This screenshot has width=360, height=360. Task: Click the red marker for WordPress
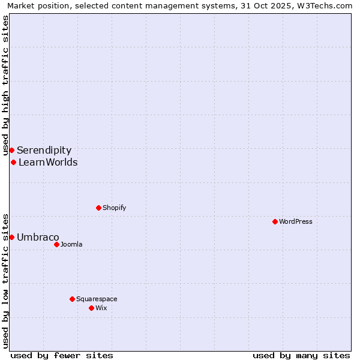[275, 221]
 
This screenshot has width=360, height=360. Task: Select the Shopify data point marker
[98, 208]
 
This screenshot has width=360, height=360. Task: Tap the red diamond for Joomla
[56, 244]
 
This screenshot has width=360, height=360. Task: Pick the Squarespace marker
[72, 299]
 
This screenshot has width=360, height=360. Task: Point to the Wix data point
[91, 308]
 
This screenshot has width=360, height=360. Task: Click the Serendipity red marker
[11, 150]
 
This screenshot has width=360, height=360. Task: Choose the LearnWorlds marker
[13, 162]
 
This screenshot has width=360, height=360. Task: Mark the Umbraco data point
[11, 237]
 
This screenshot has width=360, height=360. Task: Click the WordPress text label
[296, 221]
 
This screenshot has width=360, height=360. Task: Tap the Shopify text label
[115, 208]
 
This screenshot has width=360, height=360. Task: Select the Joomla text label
[71, 244]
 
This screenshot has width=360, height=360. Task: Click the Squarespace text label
[97, 299]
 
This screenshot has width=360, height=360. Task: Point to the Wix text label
[101, 308]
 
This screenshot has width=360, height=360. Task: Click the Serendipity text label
[44, 150]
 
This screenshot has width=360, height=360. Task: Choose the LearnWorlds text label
[48, 162]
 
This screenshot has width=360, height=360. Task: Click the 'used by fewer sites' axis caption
[62, 355]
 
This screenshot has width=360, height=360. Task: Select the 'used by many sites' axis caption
[301, 355]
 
